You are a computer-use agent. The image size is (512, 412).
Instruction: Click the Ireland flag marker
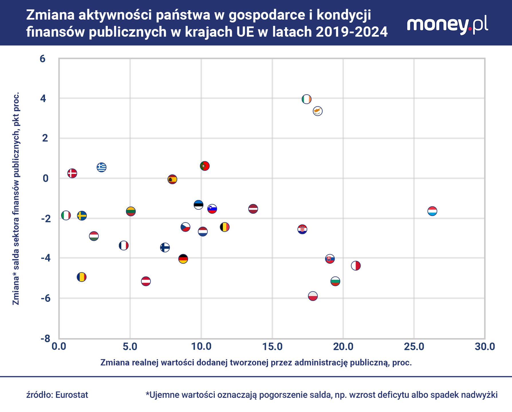[x=306, y=99]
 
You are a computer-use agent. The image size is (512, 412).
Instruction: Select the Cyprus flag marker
[x=318, y=111]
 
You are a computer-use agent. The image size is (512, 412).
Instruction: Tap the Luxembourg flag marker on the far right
[x=432, y=211]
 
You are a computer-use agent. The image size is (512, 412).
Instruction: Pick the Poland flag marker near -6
[x=313, y=296]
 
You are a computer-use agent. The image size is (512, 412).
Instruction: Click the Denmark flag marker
[x=72, y=173]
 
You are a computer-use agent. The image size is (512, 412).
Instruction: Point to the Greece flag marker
[x=102, y=167]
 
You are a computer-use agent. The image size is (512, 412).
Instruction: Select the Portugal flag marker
[x=205, y=166]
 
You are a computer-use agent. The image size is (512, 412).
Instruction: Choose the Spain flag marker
[x=172, y=179]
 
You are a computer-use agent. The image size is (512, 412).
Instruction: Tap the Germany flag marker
[x=183, y=259]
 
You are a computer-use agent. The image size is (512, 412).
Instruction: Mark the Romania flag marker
[x=82, y=277]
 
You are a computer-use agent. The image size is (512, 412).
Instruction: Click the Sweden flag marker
[x=82, y=215]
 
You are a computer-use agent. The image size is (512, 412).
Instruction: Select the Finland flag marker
[x=165, y=247]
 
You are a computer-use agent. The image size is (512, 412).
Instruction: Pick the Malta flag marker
[x=356, y=266]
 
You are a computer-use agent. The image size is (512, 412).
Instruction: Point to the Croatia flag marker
[x=302, y=229]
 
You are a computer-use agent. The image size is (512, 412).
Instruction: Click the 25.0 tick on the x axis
[x=414, y=346]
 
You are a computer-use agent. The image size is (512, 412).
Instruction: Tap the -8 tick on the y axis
[x=46, y=339]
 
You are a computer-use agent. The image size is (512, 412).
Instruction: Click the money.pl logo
[x=447, y=25]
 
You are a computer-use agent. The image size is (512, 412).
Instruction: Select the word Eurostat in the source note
[x=72, y=395]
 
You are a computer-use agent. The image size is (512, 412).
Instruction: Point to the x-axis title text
[x=256, y=363]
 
